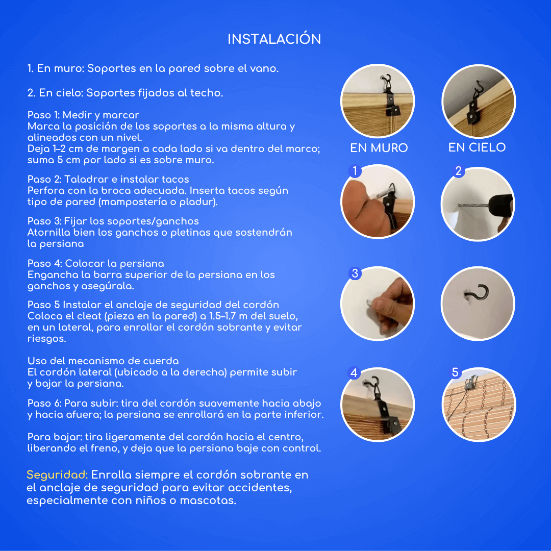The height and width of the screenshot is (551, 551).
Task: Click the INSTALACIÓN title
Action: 274,39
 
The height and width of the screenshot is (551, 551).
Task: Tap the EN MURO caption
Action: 379,148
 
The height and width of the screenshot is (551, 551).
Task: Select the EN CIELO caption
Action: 477,147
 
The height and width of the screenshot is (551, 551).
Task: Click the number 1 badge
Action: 355,171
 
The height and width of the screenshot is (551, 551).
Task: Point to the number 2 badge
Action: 458,171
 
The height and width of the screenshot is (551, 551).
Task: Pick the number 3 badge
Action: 355,273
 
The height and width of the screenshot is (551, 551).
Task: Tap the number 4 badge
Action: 354,373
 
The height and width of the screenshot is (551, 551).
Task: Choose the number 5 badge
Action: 455,372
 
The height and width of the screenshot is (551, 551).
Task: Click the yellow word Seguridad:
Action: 57,475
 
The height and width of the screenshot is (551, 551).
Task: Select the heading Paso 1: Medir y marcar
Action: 83,115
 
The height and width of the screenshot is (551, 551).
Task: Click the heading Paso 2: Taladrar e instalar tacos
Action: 108,180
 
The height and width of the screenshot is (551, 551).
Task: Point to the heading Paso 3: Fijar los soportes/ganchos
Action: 113,221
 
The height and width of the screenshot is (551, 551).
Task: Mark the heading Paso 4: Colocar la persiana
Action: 95,264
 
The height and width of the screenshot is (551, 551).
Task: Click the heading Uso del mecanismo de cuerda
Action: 103,361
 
